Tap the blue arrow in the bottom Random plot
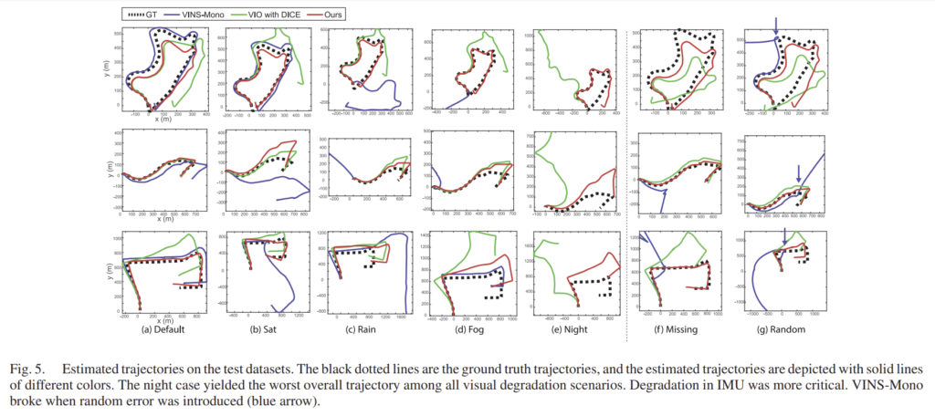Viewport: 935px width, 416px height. pyautogui.click(x=784, y=236)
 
